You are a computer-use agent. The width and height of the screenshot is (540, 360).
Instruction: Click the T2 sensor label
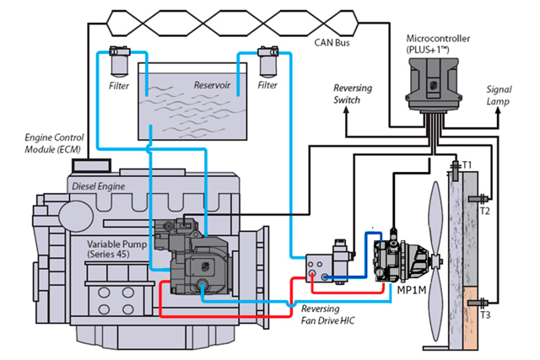pos(484,212)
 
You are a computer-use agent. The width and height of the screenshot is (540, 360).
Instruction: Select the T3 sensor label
pos(484,315)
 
